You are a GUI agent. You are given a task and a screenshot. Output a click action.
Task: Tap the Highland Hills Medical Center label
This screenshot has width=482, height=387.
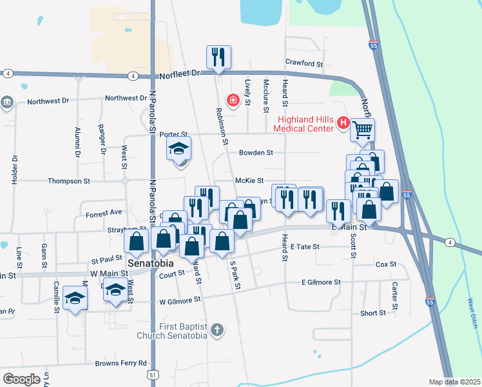click(307, 123)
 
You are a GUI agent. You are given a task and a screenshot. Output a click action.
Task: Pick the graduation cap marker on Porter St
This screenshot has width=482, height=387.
click(179, 149)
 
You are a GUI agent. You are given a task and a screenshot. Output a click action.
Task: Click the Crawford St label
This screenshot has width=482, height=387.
click(304, 63)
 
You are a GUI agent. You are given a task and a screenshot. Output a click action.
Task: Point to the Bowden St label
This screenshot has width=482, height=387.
click(256, 153)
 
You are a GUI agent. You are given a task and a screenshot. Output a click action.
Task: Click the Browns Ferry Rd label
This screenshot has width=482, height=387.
click(121, 363)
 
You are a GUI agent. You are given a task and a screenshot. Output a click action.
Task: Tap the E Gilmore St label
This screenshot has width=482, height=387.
click(321, 282)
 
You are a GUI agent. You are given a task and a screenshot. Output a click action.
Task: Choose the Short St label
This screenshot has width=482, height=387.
click(373, 313)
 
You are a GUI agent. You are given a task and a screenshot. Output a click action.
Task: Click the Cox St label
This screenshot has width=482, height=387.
click(385, 264)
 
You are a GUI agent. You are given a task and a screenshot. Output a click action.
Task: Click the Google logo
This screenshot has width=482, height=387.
click(22, 379)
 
